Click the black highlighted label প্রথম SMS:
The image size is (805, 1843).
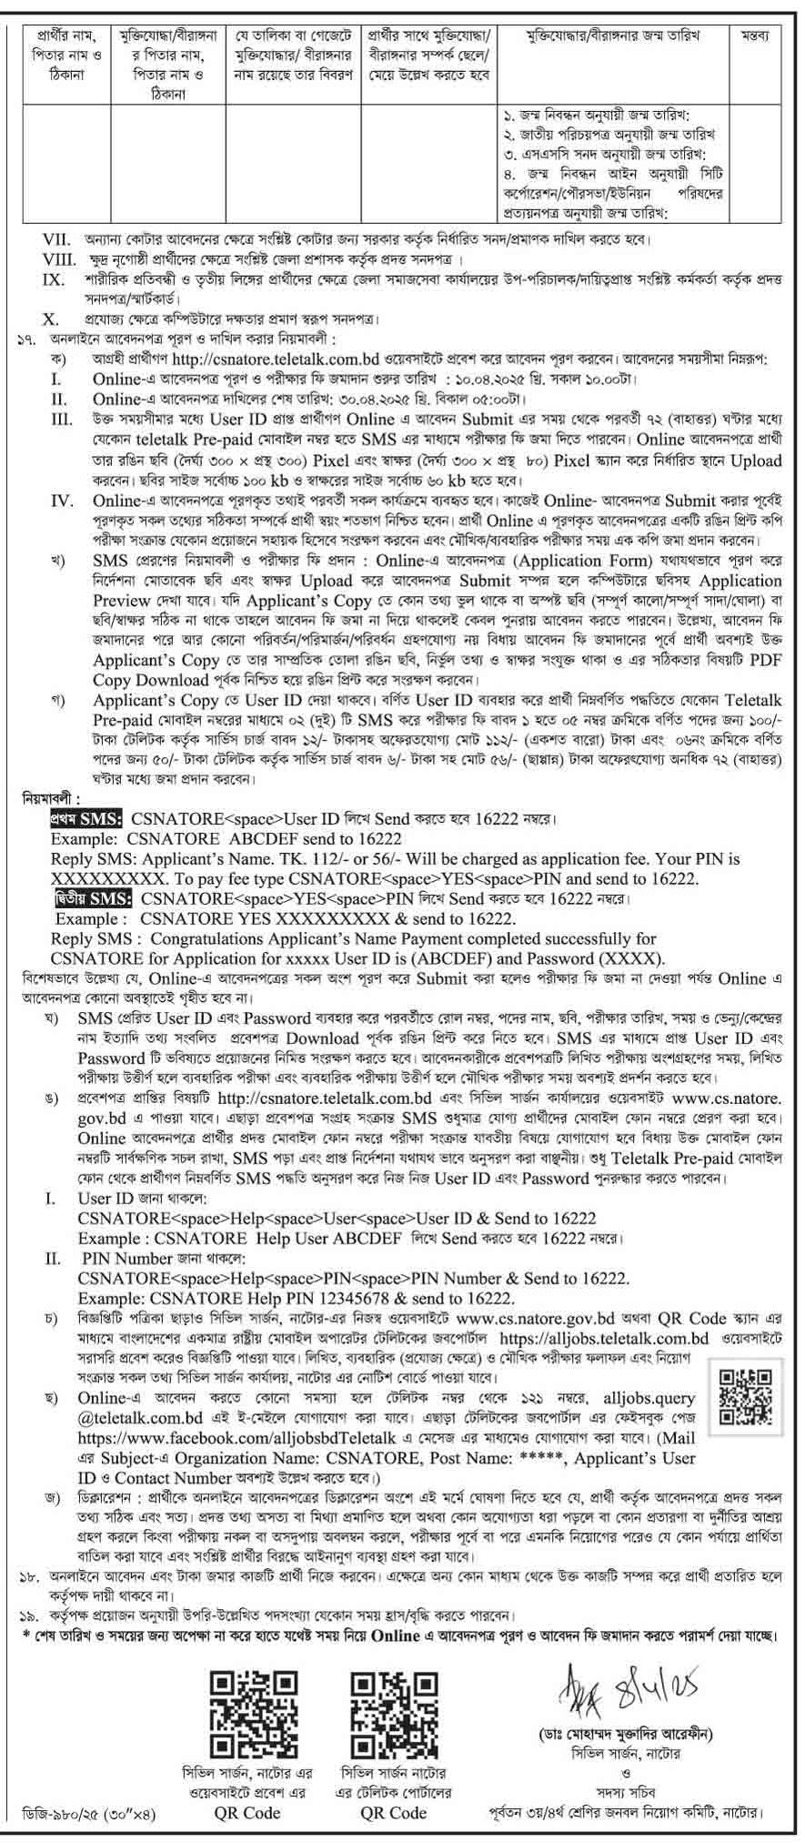click(89, 818)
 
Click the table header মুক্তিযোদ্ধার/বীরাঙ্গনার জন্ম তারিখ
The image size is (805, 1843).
click(621, 35)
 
